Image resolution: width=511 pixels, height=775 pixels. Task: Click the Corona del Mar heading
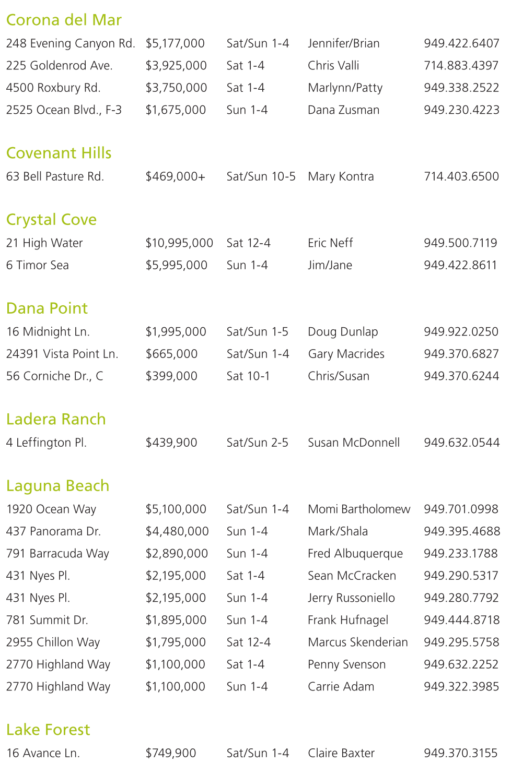[x=64, y=20]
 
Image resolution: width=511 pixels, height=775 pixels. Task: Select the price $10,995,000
[x=179, y=243]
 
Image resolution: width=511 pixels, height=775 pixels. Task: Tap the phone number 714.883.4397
[x=461, y=66]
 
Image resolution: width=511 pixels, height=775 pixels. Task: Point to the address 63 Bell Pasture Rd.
[x=55, y=177]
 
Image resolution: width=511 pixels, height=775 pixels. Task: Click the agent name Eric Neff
[x=330, y=243]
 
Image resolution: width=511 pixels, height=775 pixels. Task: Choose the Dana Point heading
[x=47, y=308]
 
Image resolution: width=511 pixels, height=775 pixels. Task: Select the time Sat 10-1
[x=248, y=376]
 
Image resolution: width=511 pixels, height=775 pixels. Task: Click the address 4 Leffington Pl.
[x=47, y=443]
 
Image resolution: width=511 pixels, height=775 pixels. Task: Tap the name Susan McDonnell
[x=354, y=443]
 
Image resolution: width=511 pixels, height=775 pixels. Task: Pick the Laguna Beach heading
[x=57, y=486]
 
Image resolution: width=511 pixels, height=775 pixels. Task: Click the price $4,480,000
[x=177, y=532]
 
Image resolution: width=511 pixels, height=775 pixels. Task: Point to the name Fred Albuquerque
[x=355, y=554]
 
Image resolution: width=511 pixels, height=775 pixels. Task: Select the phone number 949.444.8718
[x=462, y=621]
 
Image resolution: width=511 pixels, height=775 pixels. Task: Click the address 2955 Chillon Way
[x=53, y=642]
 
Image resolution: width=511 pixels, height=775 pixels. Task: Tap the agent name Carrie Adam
[x=341, y=687]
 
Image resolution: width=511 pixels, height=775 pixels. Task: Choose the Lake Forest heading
[x=48, y=730]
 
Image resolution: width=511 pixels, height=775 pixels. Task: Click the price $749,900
[x=171, y=754]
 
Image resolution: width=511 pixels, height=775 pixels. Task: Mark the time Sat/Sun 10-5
[x=261, y=177]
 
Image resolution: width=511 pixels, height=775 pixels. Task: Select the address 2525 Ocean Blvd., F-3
[x=64, y=110]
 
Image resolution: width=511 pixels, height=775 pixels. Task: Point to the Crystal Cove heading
[x=51, y=220]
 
